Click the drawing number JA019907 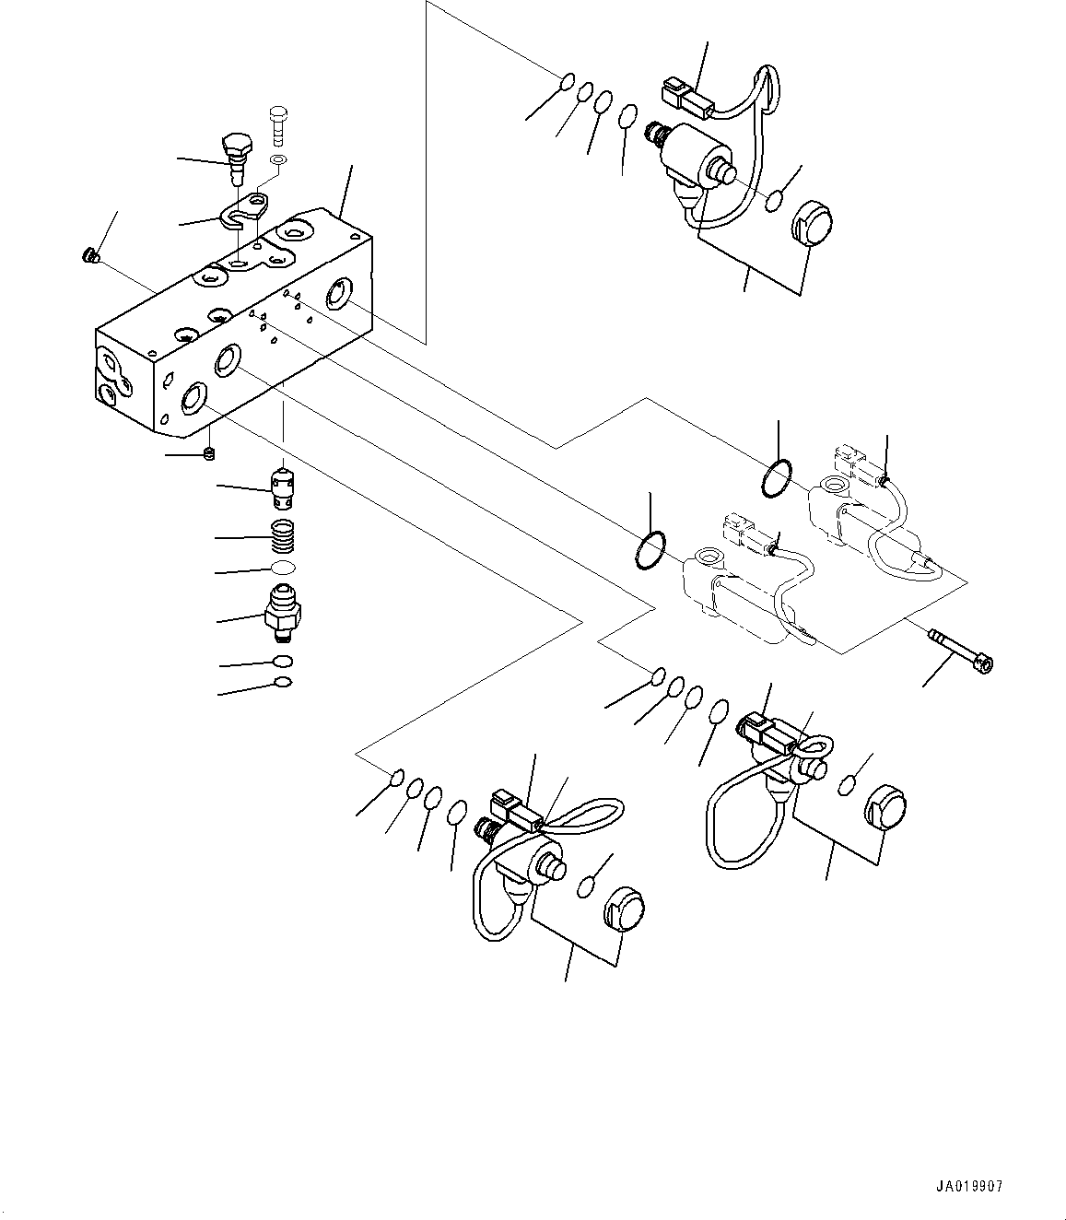[x=969, y=1187]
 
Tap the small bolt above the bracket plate [x=279, y=125]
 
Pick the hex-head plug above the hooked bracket [x=238, y=158]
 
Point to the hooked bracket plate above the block [x=246, y=210]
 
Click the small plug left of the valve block [x=88, y=256]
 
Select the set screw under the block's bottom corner [x=208, y=453]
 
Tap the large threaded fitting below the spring [x=283, y=613]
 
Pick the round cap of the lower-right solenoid [x=886, y=807]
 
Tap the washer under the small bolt [x=278, y=159]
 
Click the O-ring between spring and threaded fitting [x=283, y=567]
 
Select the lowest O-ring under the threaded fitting [x=283, y=683]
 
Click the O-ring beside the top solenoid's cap [x=775, y=200]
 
